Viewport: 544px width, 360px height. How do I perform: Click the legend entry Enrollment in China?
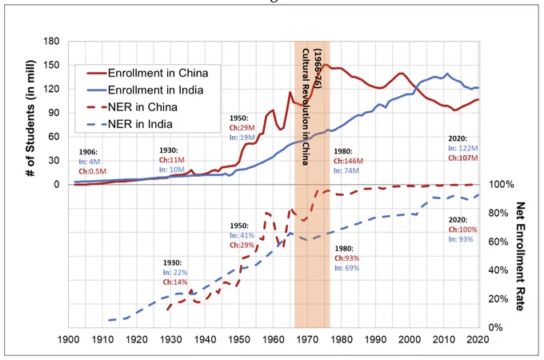pos(147,73)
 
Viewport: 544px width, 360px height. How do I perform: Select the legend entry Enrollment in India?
pos(145,90)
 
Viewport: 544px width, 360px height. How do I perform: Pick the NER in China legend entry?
pos(132,107)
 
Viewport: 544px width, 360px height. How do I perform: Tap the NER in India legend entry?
pos(130,124)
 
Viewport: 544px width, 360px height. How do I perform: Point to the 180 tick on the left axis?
pos(51,42)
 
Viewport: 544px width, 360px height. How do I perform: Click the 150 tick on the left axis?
pos(51,66)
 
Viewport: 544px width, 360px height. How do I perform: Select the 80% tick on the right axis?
pos(498,213)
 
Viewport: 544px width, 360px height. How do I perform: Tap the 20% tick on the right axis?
pos(498,299)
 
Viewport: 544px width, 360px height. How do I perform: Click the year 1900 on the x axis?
pos(68,339)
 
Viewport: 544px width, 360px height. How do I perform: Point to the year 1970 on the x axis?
pos(307,339)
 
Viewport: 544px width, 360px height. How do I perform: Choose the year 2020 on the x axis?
pos(478,339)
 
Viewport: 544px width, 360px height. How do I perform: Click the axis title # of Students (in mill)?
pos(31,118)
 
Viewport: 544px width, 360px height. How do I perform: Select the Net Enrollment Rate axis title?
pos(520,256)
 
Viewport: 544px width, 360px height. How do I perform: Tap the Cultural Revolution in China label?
pos(306,107)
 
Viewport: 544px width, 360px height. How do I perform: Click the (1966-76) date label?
pos(318,69)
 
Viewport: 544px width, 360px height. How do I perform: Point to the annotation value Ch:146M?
pos(348,162)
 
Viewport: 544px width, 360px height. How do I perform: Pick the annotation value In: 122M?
pos(463,149)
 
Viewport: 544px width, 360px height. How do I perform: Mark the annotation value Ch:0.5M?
pos(92,171)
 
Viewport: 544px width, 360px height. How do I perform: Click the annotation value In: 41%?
pos(242,235)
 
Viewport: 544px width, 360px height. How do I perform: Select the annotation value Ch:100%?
pos(463,230)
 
